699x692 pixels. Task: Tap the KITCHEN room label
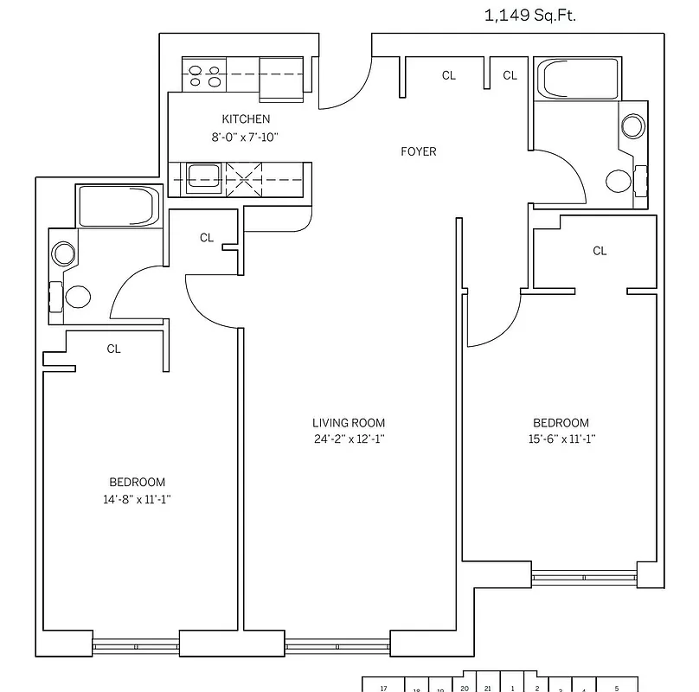[x=246, y=119]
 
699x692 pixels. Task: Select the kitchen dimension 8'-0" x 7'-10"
[x=246, y=137]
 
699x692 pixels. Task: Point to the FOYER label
[x=419, y=152]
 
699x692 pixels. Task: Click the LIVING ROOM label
[x=349, y=423]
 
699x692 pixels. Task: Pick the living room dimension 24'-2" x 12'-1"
[x=349, y=439]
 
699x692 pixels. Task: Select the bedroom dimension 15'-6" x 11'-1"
[x=561, y=439]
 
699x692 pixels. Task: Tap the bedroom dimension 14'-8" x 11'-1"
[x=137, y=499]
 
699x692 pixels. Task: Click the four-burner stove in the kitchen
[x=204, y=75]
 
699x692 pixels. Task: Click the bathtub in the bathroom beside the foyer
[x=577, y=79]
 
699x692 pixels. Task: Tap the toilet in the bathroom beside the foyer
[x=619, y=181]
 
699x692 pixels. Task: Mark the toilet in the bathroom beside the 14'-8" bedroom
[x=78, y=297]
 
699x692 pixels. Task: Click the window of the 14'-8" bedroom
[x=135, y=644]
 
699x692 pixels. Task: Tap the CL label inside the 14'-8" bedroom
[x=113, y=349]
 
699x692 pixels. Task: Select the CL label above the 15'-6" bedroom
[x=600, y=251]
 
